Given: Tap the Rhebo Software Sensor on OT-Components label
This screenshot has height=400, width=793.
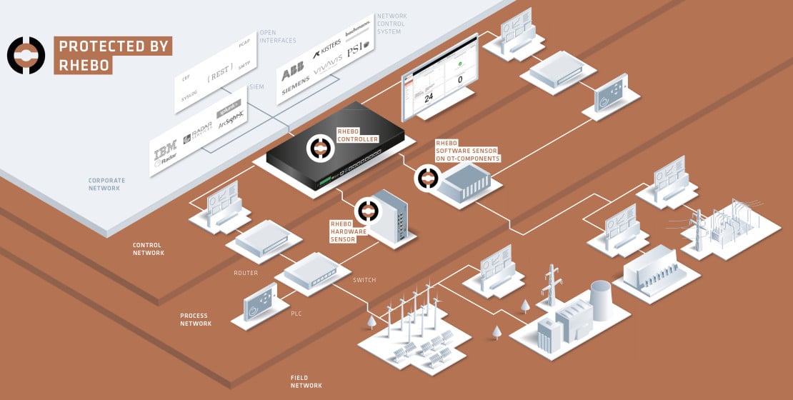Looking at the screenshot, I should point(467,151).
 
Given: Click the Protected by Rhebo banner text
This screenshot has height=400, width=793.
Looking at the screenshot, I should point(113,54).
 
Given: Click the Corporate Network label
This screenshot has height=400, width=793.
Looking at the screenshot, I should point(105,184).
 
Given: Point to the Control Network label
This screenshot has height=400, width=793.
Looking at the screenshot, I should point(148,249).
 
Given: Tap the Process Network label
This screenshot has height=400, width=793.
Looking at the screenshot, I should point(195,319).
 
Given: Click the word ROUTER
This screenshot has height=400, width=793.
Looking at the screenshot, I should point(246,273).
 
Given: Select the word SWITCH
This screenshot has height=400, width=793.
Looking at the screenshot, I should point(364,279).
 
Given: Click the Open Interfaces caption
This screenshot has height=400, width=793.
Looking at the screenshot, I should point(277,36).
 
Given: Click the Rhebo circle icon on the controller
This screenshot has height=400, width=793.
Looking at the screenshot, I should point(320,148).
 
